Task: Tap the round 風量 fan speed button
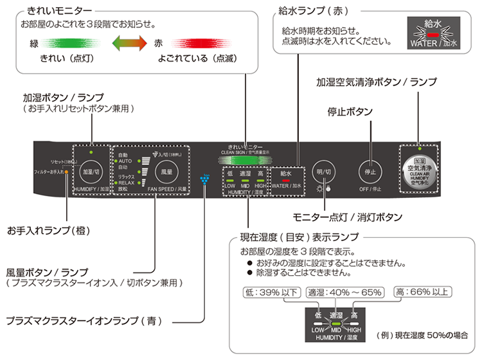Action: pyautogui.click(x=167, y=172)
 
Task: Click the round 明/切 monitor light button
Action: pyautogui.click(x=324, y=172)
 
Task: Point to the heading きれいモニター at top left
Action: pyautogui.click(x=59, y=11)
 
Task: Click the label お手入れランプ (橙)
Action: pyautogui.click(x=48, y=230)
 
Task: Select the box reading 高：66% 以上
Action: pyautogui.click(x=421, y=292)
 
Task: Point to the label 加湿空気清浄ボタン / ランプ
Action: pyautogui.click(x=376, y=82)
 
